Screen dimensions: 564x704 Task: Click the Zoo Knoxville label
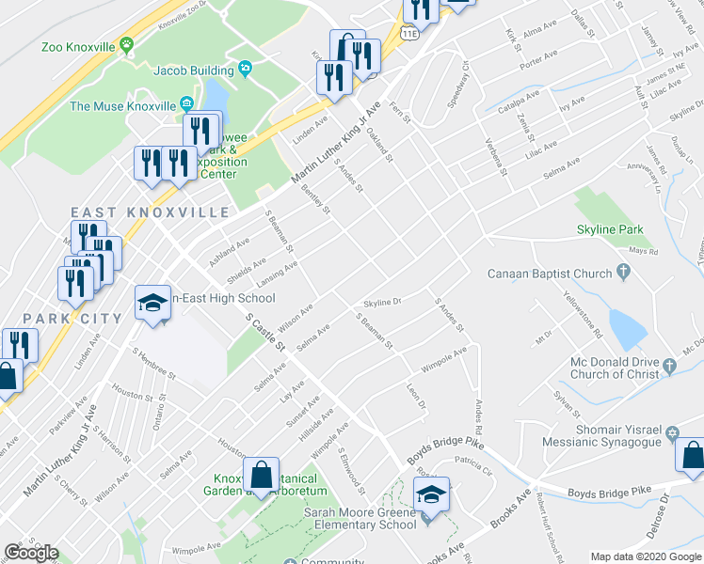(x=77, y=46)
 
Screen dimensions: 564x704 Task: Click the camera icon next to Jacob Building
(x=246, y=68)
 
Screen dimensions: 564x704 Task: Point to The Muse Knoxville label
(x=123, y=105)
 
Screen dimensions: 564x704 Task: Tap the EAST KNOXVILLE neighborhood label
(x=150, y=211)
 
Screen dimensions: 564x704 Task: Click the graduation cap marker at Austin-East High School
(x=152, y=304)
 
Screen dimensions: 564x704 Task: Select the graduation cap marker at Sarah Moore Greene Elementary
(x=432, y=495)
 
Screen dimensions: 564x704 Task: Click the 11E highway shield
(x=408, y=35)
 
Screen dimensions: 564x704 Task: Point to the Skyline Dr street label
(x=383, y=303)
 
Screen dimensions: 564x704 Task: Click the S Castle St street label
(x=266, y=334)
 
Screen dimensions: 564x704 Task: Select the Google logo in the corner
(x=31, y=553)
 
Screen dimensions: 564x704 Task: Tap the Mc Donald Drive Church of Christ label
(x=616, y=369)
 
